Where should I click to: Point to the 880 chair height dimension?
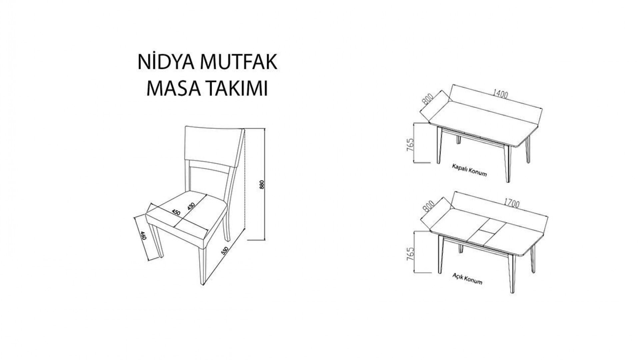pos(262,185)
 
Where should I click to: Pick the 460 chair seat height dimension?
pos(143,236)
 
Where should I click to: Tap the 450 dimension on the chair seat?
pos(176,212)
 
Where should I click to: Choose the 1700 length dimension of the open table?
pos(512,203)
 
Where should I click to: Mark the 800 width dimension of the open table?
pos(428,207)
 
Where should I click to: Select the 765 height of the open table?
pos(410,254)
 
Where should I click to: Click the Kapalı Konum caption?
pos(469,170)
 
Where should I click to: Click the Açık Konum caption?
pos(467,279)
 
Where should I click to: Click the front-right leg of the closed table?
pos(508,163)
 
